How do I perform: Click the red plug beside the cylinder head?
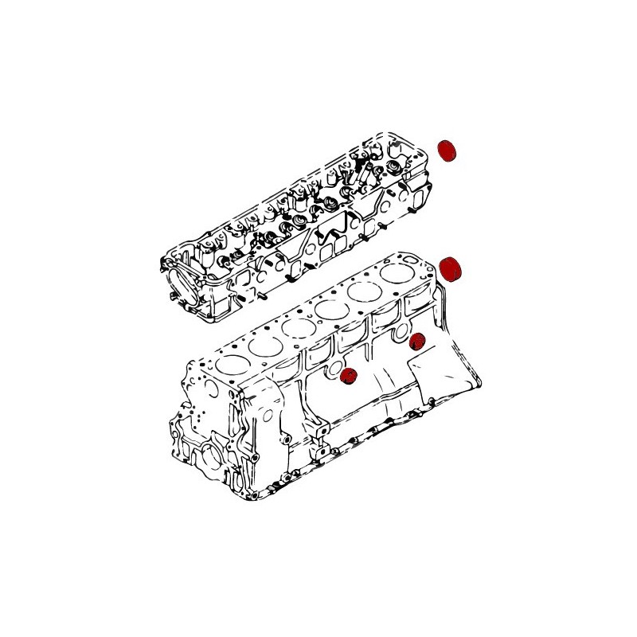click(449, 150)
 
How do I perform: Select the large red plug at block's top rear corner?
click(451, 269)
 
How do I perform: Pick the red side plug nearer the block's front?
click(347, 377)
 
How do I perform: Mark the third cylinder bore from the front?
click(298, 327)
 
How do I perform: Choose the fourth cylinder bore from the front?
click(330, 308)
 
